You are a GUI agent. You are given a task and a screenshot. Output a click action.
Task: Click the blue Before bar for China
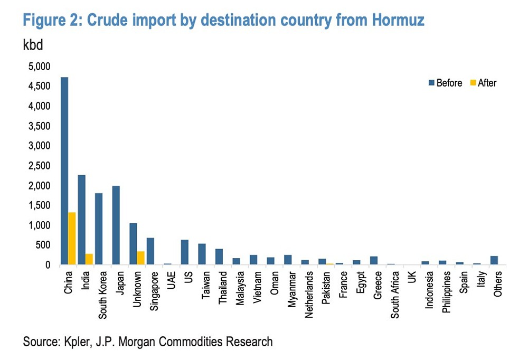[64, 171]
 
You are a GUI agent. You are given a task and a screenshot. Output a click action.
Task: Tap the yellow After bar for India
[89, 259]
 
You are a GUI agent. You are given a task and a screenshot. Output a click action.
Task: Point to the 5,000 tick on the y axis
[37, 67]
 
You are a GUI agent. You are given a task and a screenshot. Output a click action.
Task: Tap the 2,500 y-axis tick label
[37, 166]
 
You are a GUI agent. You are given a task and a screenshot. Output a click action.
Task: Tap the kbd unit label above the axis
[33, 45]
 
